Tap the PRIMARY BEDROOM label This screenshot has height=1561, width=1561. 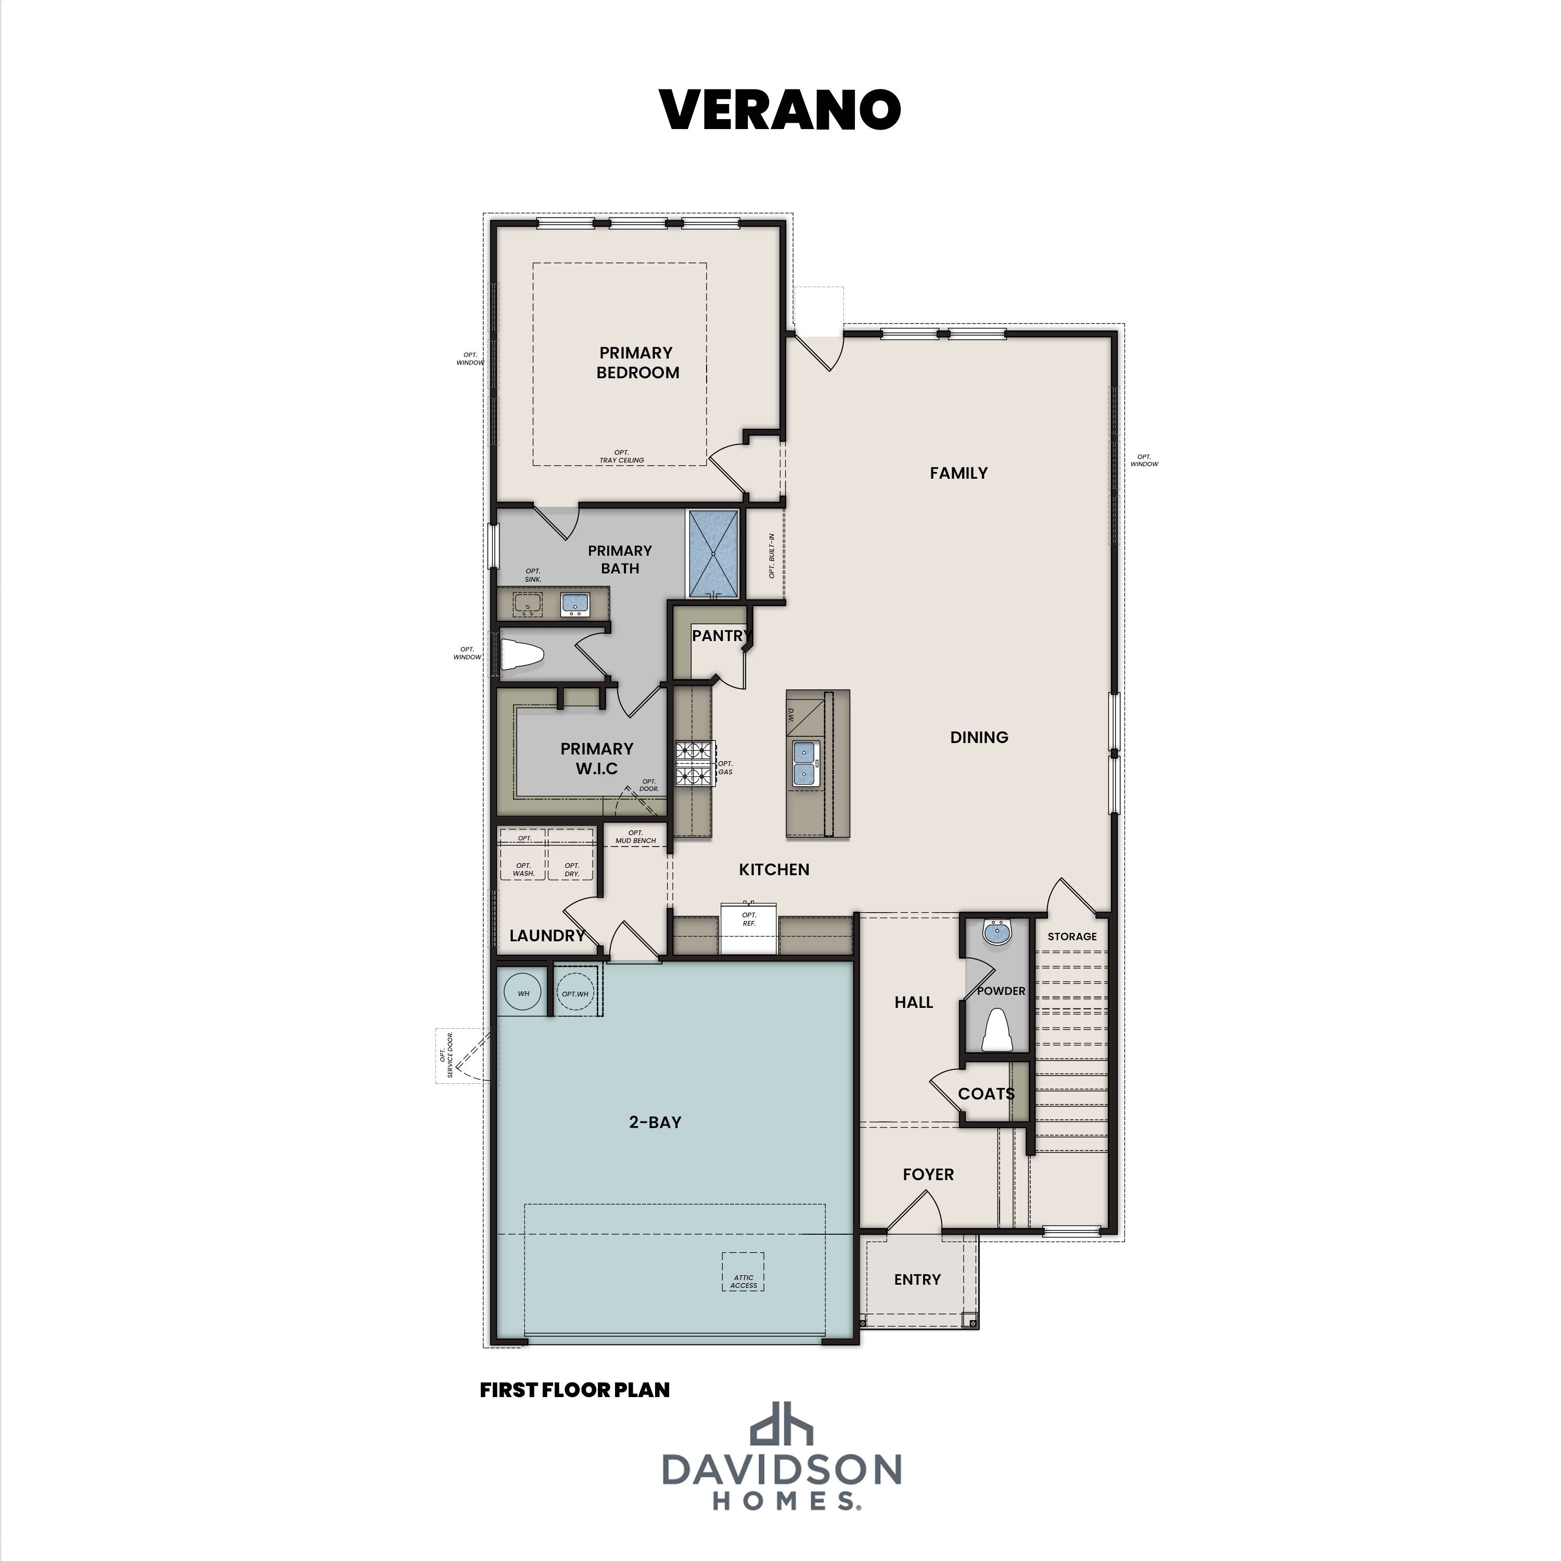point(637,362)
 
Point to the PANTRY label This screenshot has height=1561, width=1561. point(721,636)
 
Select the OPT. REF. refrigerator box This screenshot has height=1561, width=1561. point(748,930)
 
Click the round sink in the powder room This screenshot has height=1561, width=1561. point(997,933)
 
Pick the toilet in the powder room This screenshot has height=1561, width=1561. point(997,1031)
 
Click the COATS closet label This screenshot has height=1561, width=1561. point(986,1094)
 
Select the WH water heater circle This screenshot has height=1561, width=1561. point(523,993)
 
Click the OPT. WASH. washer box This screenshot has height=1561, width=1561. point(523,868)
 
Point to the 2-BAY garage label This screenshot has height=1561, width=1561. point(655,1121)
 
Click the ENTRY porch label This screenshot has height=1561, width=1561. point(917,1279)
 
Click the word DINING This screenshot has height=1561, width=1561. point(978,737)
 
